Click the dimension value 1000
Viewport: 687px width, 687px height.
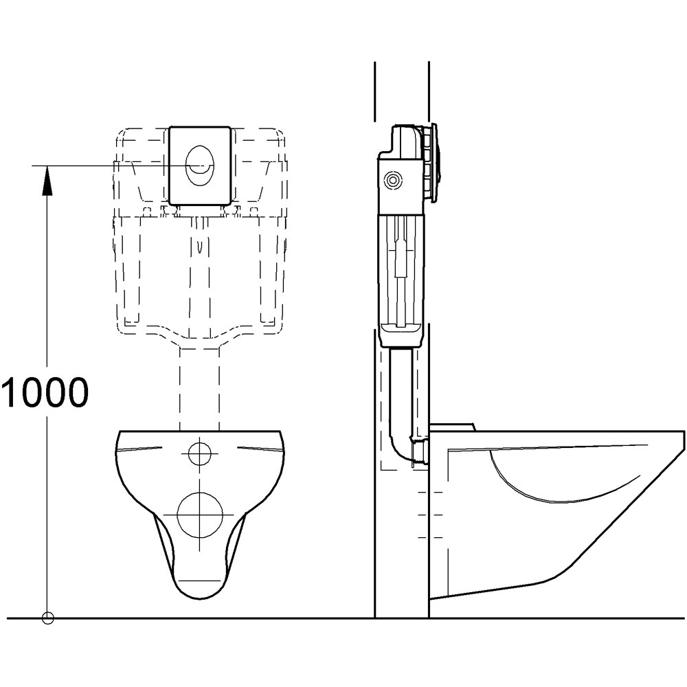(x=45, y=393)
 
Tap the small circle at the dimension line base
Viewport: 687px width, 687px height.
(x=47, y=618)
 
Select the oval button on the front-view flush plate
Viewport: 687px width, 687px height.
(x=200, y=166)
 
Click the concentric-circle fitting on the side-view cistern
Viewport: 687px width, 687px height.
(x=394, y=181)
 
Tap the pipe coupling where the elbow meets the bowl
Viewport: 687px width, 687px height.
(x=420, y=451)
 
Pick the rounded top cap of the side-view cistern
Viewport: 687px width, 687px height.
(x=405, y=137)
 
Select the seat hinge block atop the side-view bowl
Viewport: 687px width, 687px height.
(x=451, y=427)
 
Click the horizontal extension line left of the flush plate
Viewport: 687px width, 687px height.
(x=103, y=166)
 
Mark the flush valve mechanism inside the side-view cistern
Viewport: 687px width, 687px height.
(x=403, y=268)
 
